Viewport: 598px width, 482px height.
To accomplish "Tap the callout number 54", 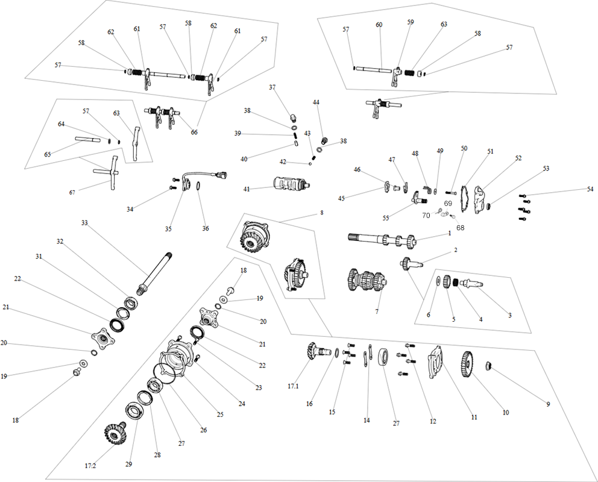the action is point(590,189).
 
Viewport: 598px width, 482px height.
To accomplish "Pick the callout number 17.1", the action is point(293,386).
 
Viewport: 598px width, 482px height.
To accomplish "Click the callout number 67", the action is point(72,192).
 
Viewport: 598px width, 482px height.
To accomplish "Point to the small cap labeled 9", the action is point(488,366).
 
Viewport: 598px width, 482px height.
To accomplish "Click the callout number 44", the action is point(316,102).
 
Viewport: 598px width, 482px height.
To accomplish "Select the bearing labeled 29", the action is point(134,412).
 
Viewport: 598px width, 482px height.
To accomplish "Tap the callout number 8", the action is point(322,213).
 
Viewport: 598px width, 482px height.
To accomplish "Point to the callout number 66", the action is point(194,132).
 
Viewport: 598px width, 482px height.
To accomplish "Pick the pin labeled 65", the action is point(88,139).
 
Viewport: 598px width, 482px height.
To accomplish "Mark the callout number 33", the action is point(84,222).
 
